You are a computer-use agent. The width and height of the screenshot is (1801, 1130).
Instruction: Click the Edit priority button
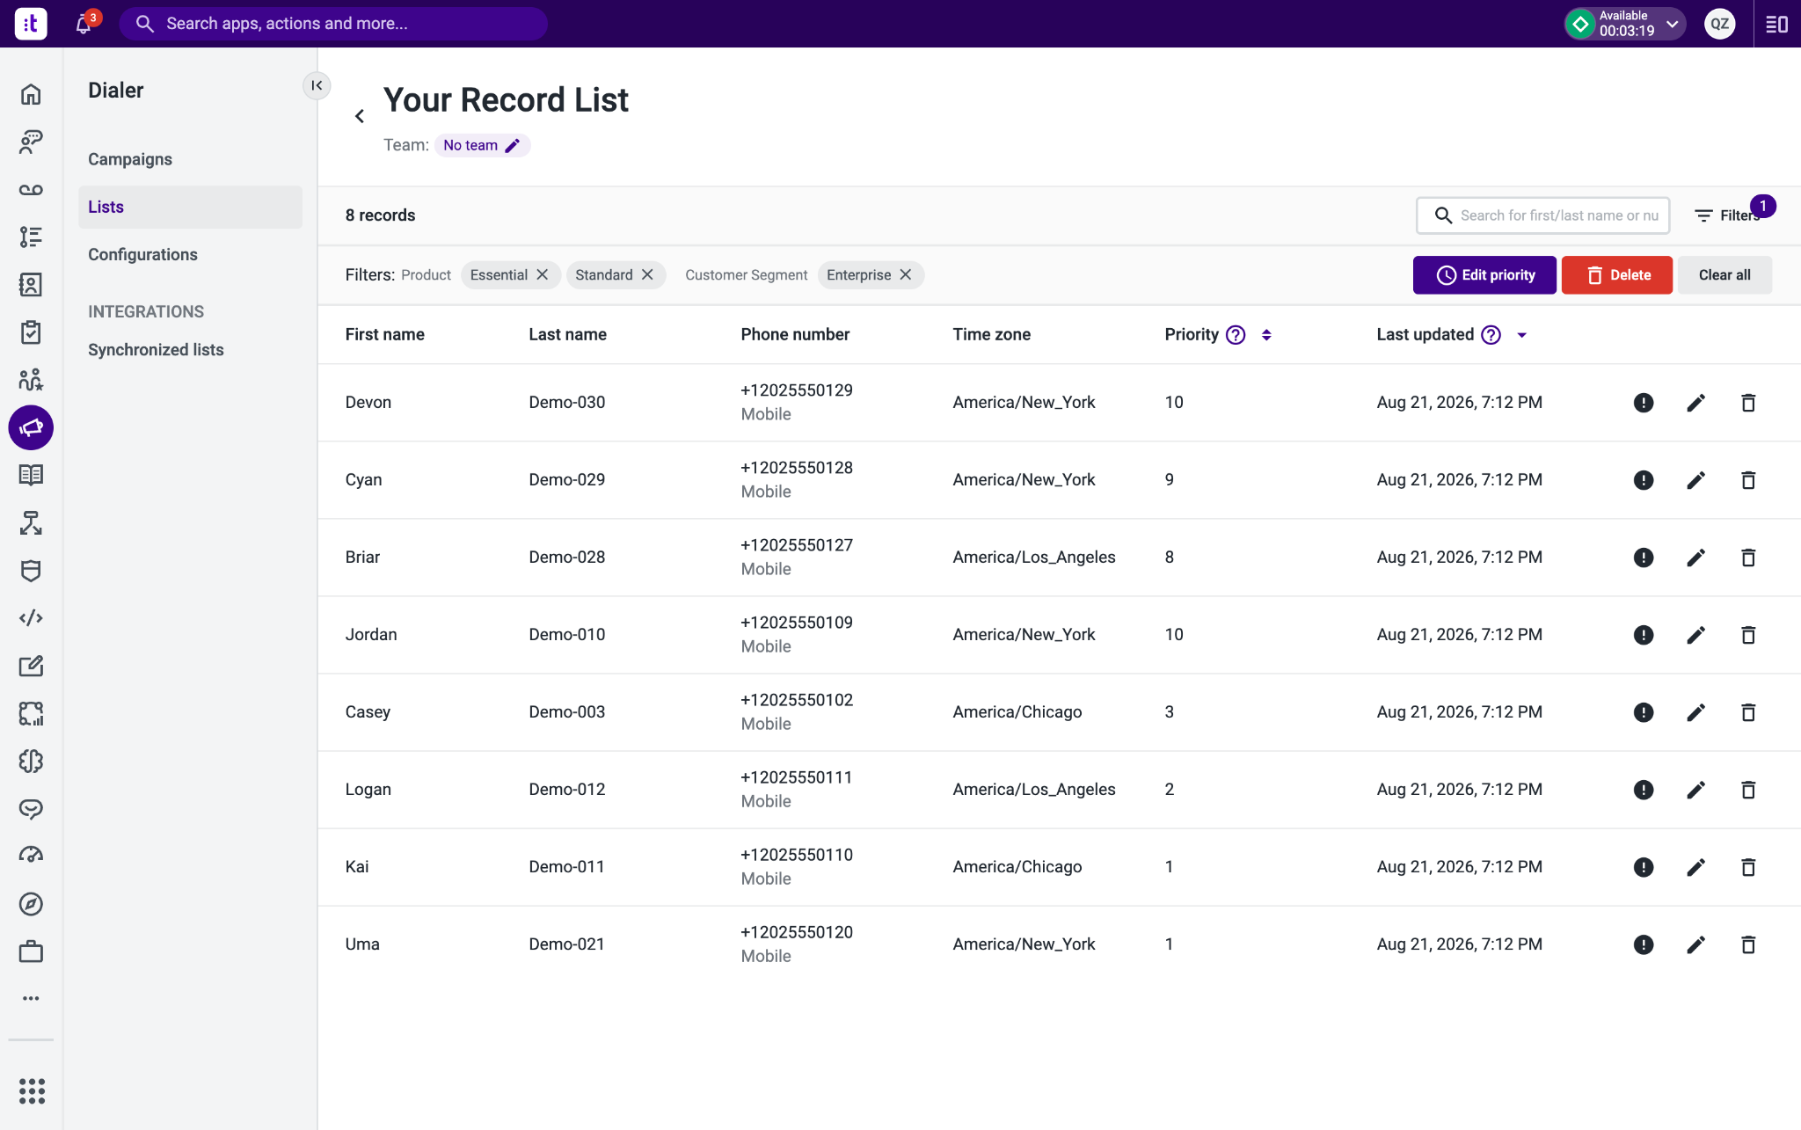[x=1484, y=275]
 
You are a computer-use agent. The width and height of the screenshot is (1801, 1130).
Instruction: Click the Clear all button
[x=1724, y=275]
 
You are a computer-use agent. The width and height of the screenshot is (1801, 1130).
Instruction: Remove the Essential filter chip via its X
[x=543, y=275]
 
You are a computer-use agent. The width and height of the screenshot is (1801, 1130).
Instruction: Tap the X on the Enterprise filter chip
[x=906, y=275]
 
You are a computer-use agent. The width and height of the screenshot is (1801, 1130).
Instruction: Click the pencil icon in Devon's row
[x=1696, y=403]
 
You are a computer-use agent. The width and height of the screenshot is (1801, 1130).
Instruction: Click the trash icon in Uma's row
[x=1748, y=944]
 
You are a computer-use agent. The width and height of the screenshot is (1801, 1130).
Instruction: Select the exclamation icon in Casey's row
[x=1644, y=712]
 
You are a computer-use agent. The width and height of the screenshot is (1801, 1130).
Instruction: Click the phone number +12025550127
[x=797, y=545]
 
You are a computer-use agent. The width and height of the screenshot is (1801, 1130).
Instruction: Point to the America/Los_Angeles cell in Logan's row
[x=1034, y=790]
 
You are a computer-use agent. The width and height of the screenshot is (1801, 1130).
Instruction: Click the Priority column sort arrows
[x=1266, y=335]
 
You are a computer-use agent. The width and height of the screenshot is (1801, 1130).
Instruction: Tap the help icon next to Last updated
[x=1491, y=335]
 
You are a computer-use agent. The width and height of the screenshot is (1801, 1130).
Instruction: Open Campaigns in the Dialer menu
[x=130, y=159]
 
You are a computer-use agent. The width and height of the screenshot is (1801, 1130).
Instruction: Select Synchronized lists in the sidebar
[x=156, y=350]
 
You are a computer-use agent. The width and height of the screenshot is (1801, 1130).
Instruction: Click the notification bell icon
[x=84, y=24]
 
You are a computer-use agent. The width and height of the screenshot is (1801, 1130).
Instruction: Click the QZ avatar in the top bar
[x=1720, y=24]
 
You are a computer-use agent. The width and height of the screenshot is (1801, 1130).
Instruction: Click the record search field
[x=1543, y=215]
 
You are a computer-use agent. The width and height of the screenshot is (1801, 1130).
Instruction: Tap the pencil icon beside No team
[x=513, y=145]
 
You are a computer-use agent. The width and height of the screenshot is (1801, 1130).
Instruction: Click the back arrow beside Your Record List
[x=360, y=116]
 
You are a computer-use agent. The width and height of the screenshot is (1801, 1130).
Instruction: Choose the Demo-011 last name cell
[x=567, y=867]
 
